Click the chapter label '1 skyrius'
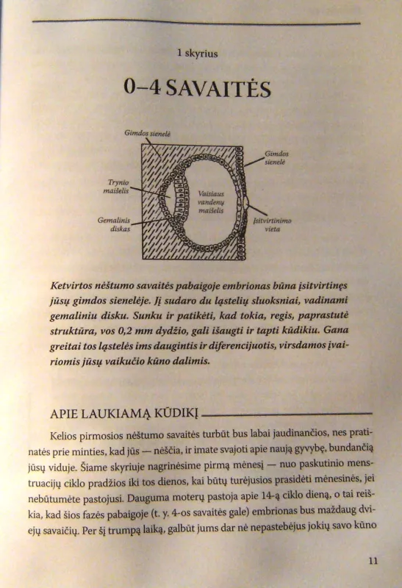[x=201, y=53]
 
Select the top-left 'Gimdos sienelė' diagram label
[x=148, y=133]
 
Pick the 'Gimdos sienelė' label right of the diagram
[x=276, y=158]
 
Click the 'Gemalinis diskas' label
[x=114, y=223]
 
